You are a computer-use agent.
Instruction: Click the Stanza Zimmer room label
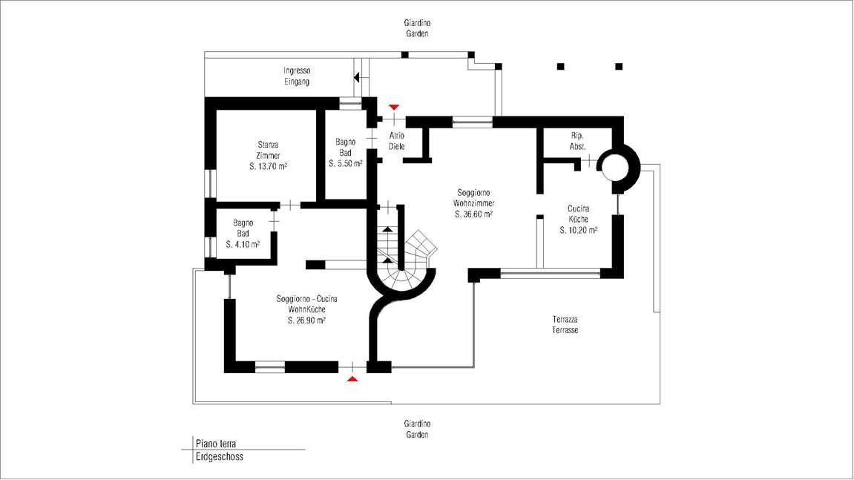coord(268,151)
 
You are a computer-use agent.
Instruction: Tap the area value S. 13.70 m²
coord(268,167)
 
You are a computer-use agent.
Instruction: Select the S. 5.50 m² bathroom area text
coord(345,163)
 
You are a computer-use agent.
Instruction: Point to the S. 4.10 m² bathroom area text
coord(243,245)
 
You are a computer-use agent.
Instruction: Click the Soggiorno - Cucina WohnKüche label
coord(306,304)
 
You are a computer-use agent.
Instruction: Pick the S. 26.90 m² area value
coord(306,320)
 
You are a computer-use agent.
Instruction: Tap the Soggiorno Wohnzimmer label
coord(474,198)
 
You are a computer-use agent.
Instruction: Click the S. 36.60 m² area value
coord(474,214)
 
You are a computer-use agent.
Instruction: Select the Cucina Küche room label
coord(579,214)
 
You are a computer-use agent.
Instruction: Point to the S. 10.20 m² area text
coord(579,231)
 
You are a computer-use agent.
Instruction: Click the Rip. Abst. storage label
coord(577,141)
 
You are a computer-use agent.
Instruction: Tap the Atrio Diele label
coord(396,140)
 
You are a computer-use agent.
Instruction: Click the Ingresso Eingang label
coord(297,76)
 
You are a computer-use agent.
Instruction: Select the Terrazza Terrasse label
coord(565,325)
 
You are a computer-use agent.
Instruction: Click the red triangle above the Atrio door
coord(394,108)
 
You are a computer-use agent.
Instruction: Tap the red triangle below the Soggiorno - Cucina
coord(352,378)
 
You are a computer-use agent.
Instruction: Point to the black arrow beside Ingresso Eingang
coord(357,77)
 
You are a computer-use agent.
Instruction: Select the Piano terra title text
coord(216,444)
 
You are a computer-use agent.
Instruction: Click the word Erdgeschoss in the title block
coord(220,456)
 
